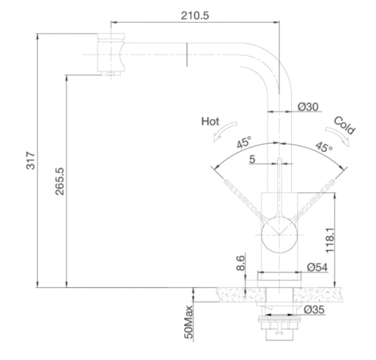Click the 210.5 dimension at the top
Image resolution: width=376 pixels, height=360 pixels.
point(195,15)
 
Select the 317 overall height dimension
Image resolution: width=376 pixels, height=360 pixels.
point(31,161)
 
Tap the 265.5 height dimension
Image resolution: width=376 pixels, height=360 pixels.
point(60,181)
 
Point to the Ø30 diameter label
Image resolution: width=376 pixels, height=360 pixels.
point(308,107)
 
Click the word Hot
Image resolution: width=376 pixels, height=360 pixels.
point(210,122)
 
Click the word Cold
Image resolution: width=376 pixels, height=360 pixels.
point(344,125)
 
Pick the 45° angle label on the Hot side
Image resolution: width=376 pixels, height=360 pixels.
point(244,142)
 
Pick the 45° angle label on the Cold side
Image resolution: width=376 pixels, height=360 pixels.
point(324,147)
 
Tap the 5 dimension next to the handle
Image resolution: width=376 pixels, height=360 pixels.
point(252,159)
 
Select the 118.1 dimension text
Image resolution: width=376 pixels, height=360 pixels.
point(330,240)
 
